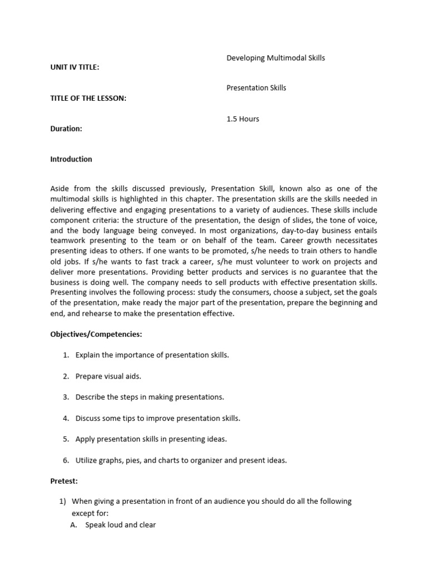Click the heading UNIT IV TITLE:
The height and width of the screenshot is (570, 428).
tap(75, 67)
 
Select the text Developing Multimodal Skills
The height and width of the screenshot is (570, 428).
tap(275, 58)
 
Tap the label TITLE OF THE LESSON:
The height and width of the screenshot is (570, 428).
tap(88, 98)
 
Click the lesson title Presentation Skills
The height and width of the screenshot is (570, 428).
tap(256, 88)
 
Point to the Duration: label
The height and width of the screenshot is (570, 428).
tap(66, 129)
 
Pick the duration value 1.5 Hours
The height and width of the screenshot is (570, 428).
tap(242, 119)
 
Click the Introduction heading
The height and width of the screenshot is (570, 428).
tap(71, 159)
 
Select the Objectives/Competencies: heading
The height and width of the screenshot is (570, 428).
tap(96, 334)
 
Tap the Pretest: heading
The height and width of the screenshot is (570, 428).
tap(64, 480)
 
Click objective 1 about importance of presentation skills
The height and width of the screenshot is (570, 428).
tap(152, 355)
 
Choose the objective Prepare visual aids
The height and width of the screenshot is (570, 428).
tap(108, 376)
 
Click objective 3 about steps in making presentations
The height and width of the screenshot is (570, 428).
tap(149, 397)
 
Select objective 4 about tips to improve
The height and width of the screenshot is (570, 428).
tap(158, 418)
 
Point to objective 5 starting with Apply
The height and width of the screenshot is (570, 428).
tap(151, 439)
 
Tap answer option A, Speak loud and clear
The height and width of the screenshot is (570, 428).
tap(120, 524)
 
